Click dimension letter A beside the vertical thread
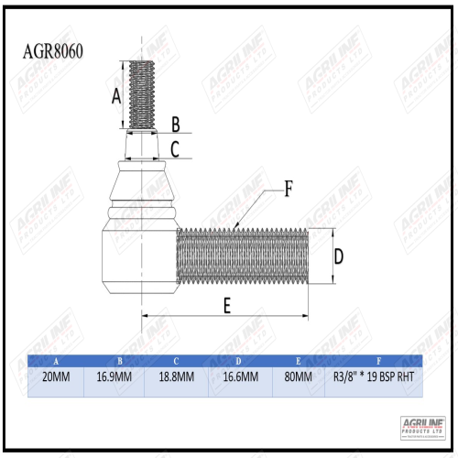tap(116, 95)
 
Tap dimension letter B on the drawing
tap(176, 124)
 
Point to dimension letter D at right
tap(337, 256)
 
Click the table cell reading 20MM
tap(57, 376)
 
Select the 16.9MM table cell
tap(114, 376)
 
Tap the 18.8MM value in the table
tap(175, 376)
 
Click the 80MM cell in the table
tap(299, 376)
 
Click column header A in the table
tap(57, 361)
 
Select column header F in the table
tap(378, 361)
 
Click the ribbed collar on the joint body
tap(140, 218)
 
